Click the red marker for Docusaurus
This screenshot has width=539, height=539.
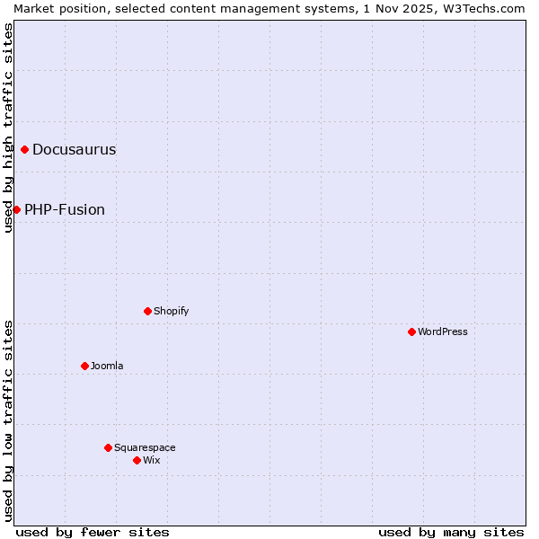24,149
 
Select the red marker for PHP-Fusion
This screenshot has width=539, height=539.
16,209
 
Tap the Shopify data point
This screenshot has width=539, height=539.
147,311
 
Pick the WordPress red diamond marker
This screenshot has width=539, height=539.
411,331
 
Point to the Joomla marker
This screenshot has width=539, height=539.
84,366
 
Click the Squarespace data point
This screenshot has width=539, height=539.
108,447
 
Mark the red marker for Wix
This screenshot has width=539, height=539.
137,460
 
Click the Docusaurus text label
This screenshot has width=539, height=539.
74,150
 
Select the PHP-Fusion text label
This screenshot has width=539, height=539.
65,210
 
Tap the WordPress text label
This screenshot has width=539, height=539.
443,331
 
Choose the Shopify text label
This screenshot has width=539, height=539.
171,311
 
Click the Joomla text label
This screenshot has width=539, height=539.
107,366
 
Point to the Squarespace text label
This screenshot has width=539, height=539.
145,447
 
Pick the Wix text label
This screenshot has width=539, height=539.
151,460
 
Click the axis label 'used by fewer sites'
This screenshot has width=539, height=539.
93,532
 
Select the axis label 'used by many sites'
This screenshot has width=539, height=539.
451,532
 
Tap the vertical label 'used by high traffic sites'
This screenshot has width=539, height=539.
8,128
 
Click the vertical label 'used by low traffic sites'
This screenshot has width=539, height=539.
8,420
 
